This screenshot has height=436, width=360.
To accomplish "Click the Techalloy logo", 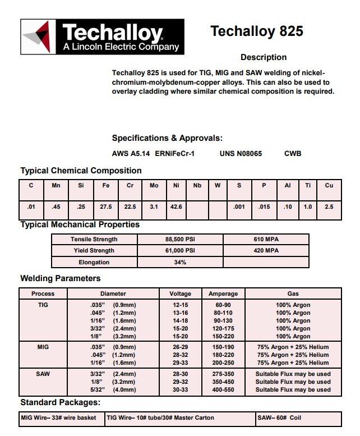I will (102, 38).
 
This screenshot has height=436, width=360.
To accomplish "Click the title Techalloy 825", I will (257, 31).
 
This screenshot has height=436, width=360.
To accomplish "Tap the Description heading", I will (264, 57).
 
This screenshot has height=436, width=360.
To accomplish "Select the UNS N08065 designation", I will (241, 153).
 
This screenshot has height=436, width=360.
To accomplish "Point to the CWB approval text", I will (293, 153).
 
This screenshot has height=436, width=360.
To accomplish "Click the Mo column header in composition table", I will (154, 185).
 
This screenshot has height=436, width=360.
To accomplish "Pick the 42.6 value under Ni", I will (176, 207).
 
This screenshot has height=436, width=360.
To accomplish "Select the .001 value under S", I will (239, 207).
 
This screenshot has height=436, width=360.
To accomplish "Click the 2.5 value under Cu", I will (329, 207).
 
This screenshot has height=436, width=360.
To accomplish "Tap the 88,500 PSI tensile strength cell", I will (181, 240).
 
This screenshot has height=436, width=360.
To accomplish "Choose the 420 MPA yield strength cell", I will (266, 251).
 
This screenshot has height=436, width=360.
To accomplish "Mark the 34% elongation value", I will (181, 262).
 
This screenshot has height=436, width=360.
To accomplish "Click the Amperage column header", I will (223, 293).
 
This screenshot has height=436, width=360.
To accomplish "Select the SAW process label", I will (43, 374).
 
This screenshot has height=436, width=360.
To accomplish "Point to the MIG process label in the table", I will (43, 347).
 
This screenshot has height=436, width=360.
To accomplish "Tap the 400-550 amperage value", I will (223, 389).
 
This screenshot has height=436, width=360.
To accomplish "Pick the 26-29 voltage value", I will (181, 347).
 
